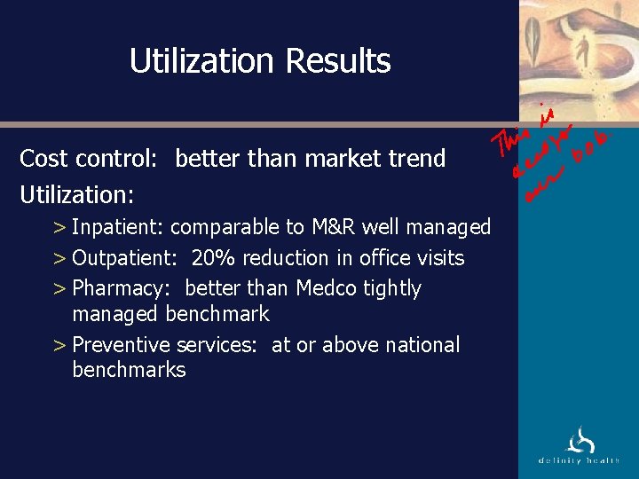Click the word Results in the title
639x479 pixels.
[338, 61]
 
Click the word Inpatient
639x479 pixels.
[116, 228]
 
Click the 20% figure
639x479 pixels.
[212, 258]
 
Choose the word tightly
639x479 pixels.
[392, 288]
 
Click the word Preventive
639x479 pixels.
[121, 345]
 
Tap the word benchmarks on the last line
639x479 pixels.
[129, 370]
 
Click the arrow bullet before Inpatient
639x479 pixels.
[59, 228]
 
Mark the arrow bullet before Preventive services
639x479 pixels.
[59, 345]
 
